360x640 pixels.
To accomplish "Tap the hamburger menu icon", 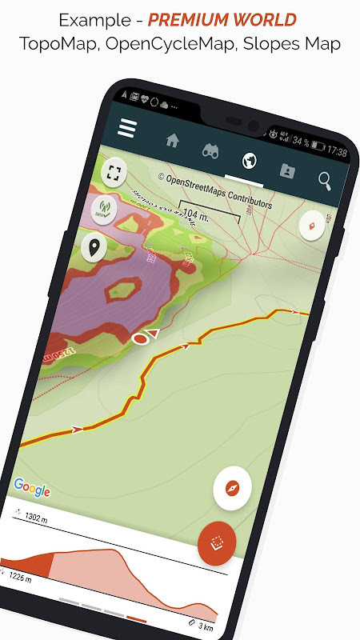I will pos(127,128).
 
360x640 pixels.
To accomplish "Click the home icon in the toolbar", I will pos(172,140).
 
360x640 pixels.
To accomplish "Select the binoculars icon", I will pos(210,150).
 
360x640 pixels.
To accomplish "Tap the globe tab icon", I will pos(249,160).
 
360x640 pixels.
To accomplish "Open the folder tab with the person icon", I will pos(287,170).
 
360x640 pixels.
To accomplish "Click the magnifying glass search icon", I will pos(325,181).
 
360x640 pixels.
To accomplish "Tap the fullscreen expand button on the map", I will pos(114,172).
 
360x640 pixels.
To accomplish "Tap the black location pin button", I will pos(95,248).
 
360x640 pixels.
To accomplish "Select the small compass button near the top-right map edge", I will pos(311,226).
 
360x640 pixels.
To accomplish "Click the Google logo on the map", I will pos(32,490).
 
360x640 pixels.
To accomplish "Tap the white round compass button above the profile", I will pos(233,487).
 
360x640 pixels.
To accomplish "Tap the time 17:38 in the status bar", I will pos(336,151).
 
